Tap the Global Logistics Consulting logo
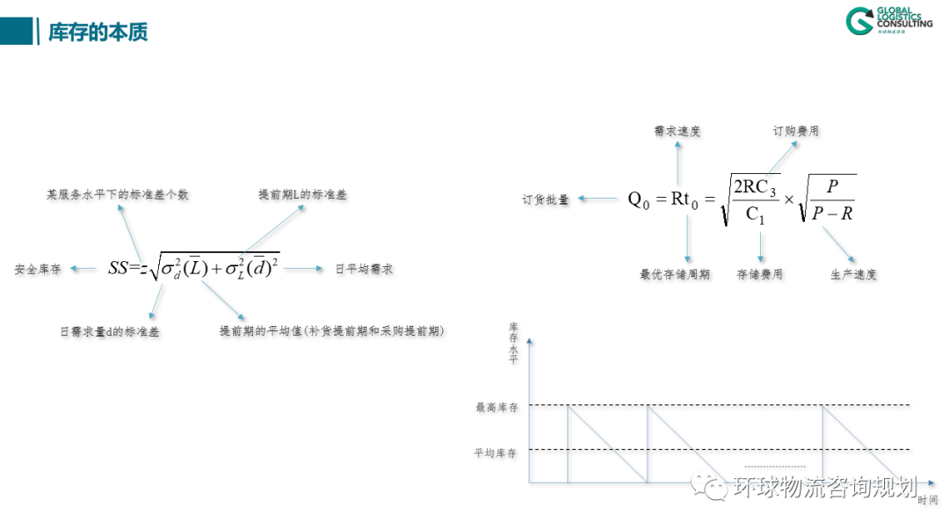coord(888,21)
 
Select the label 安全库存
coord(38,270)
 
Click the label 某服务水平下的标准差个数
coord(118,194)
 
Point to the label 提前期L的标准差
coord(302,194)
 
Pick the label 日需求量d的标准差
coord(110,332)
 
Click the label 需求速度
coord(677,131)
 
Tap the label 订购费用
coord(795,131)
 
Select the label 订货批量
coord(546,199)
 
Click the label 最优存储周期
coord(675,274)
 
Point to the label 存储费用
coord(759,274)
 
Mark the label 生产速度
coord(853,274)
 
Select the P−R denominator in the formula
coord(833,213)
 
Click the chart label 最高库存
coord(496,407)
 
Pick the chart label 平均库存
coord(496,453)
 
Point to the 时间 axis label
coord(927,500)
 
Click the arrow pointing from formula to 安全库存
coord(83,269)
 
